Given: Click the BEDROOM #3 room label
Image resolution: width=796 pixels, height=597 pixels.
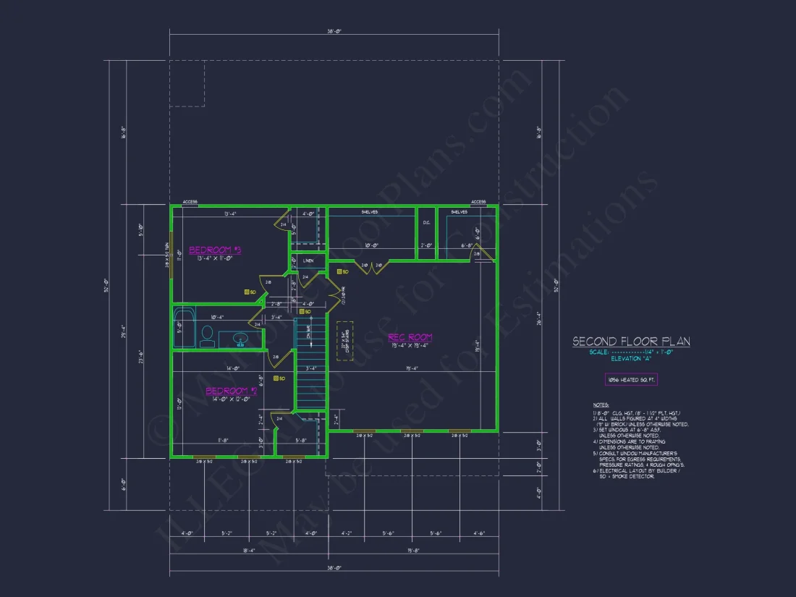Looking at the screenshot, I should coord(214,250).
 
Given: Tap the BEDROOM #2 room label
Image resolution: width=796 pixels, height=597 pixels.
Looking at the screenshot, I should coord(231,391).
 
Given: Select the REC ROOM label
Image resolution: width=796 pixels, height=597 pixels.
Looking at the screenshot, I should coord(410,337).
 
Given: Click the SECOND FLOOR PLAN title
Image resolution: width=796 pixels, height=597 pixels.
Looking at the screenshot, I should coord(631,342).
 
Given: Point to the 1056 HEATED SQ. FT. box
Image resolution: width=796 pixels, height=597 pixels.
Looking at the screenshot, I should coord(631,379).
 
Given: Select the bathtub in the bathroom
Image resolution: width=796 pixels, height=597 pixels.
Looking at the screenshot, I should coord(184,329).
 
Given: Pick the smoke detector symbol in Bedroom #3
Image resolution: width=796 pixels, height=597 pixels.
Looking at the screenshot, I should coord(247,292).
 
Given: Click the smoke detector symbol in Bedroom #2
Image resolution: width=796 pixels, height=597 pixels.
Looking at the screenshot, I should coord(275,378).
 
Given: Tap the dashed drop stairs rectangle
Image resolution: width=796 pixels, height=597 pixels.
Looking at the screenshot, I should coord(344,341).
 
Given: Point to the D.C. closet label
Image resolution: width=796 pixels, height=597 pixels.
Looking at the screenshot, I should coord(427,223).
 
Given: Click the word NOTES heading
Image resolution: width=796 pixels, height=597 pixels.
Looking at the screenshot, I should coord(601,405).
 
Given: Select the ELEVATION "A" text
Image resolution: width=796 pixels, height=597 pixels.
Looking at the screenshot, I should coord(631,358).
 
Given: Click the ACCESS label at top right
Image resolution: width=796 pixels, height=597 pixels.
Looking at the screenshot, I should coord(478,202).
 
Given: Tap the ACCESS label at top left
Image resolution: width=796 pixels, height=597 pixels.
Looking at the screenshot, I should coord(190,202).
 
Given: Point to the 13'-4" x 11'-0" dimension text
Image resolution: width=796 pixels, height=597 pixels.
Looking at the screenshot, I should coord(214,258).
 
